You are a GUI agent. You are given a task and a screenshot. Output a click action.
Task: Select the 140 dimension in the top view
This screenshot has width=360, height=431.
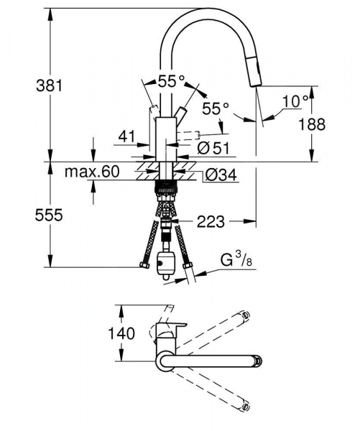click(x=101, y=333)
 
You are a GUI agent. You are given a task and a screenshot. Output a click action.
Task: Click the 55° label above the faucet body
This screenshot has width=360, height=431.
click(x=172, y=82)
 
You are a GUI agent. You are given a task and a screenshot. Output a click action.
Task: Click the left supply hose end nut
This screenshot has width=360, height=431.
click(x=144, y=267)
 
